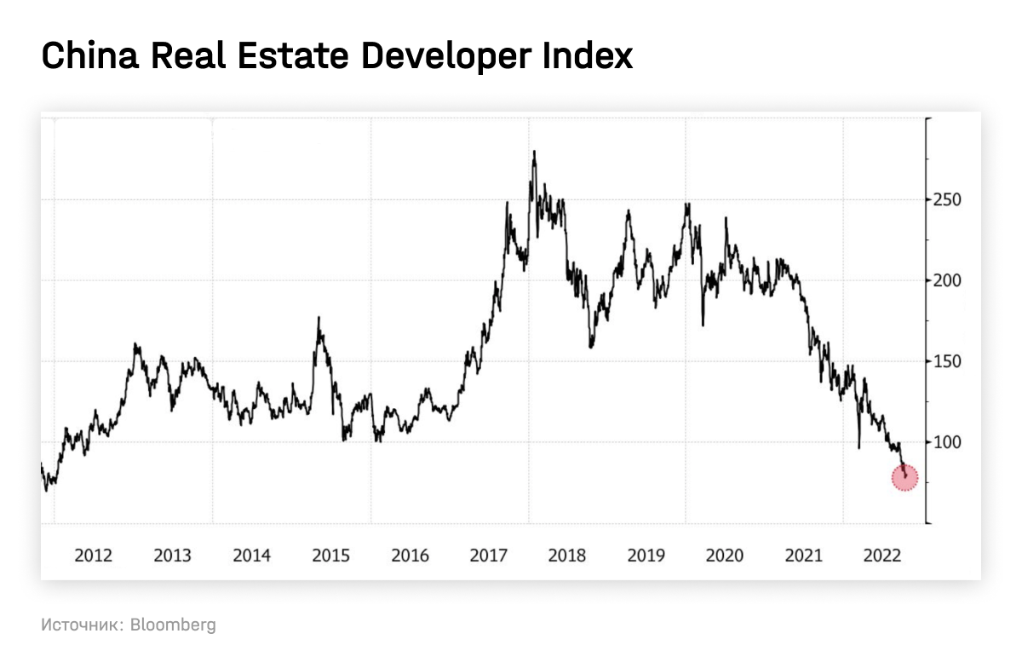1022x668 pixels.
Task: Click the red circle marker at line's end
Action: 904,477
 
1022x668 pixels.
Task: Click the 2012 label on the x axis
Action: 94,556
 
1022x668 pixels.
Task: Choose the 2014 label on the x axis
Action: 251,556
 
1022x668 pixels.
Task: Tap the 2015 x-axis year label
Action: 330,556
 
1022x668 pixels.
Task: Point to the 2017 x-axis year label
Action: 488,556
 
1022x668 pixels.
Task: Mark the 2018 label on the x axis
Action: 567,556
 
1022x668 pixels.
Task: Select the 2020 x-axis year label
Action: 725,556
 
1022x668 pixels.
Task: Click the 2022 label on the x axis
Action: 882,556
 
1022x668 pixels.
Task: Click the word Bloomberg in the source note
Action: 174,625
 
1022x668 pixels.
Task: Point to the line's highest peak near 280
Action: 534,153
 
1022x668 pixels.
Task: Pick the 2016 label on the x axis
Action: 410,556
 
